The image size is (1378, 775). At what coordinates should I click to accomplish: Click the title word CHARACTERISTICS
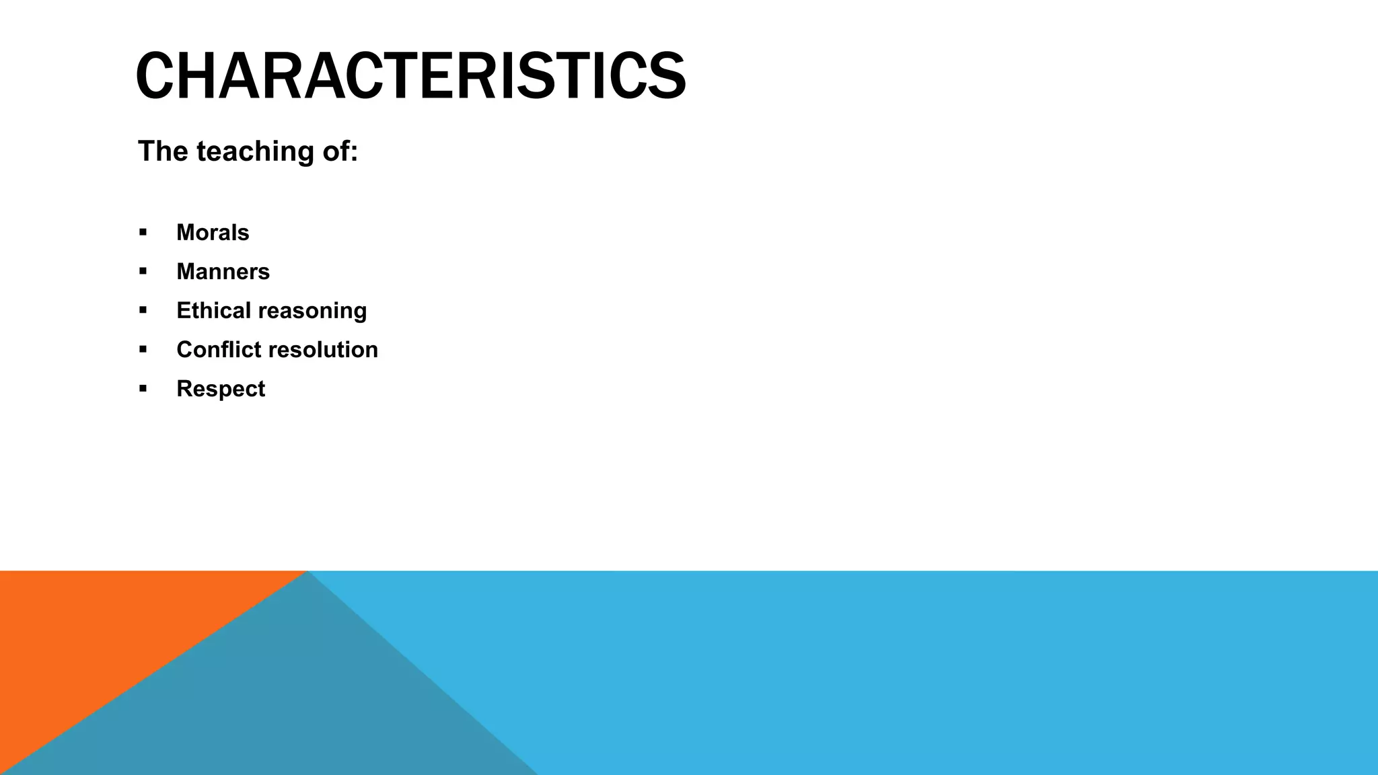410,77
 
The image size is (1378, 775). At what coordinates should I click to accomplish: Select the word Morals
213,233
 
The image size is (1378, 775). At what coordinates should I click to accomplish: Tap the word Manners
223,272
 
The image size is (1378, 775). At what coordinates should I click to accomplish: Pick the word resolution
320,350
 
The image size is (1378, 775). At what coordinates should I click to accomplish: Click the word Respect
221,389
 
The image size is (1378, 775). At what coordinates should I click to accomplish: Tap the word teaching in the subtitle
255,151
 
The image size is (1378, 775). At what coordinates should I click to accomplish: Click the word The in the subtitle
162,151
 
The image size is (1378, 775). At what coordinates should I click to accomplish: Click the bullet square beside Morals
143,233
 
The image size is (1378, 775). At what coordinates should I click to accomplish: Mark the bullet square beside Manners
143,272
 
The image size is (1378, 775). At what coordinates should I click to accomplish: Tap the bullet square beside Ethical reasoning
143,311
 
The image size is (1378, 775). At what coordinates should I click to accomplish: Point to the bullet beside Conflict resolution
143,350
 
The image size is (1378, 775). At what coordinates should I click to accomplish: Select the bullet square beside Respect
143,389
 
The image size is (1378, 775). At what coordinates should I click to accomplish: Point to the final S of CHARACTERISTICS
666,77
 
